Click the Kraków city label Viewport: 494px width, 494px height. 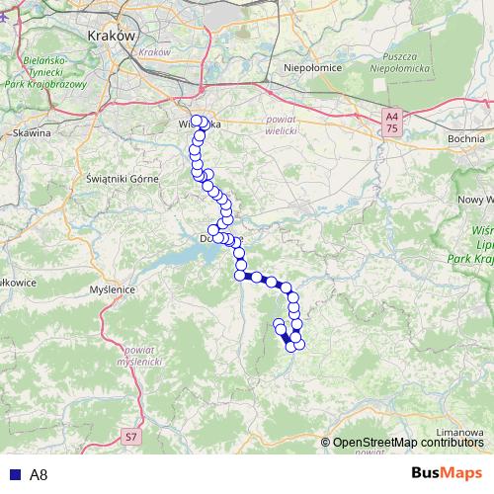[x=111, y=34]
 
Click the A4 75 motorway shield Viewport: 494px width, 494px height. [x=392, y=123]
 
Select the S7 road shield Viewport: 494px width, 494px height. [x=132, y=436]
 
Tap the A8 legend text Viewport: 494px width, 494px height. [x=39, y=474]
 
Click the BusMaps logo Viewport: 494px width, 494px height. [x=449, y=473]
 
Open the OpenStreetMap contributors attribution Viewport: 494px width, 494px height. [x=408, y=443]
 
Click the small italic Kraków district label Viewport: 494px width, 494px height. [x=155, y=51]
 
